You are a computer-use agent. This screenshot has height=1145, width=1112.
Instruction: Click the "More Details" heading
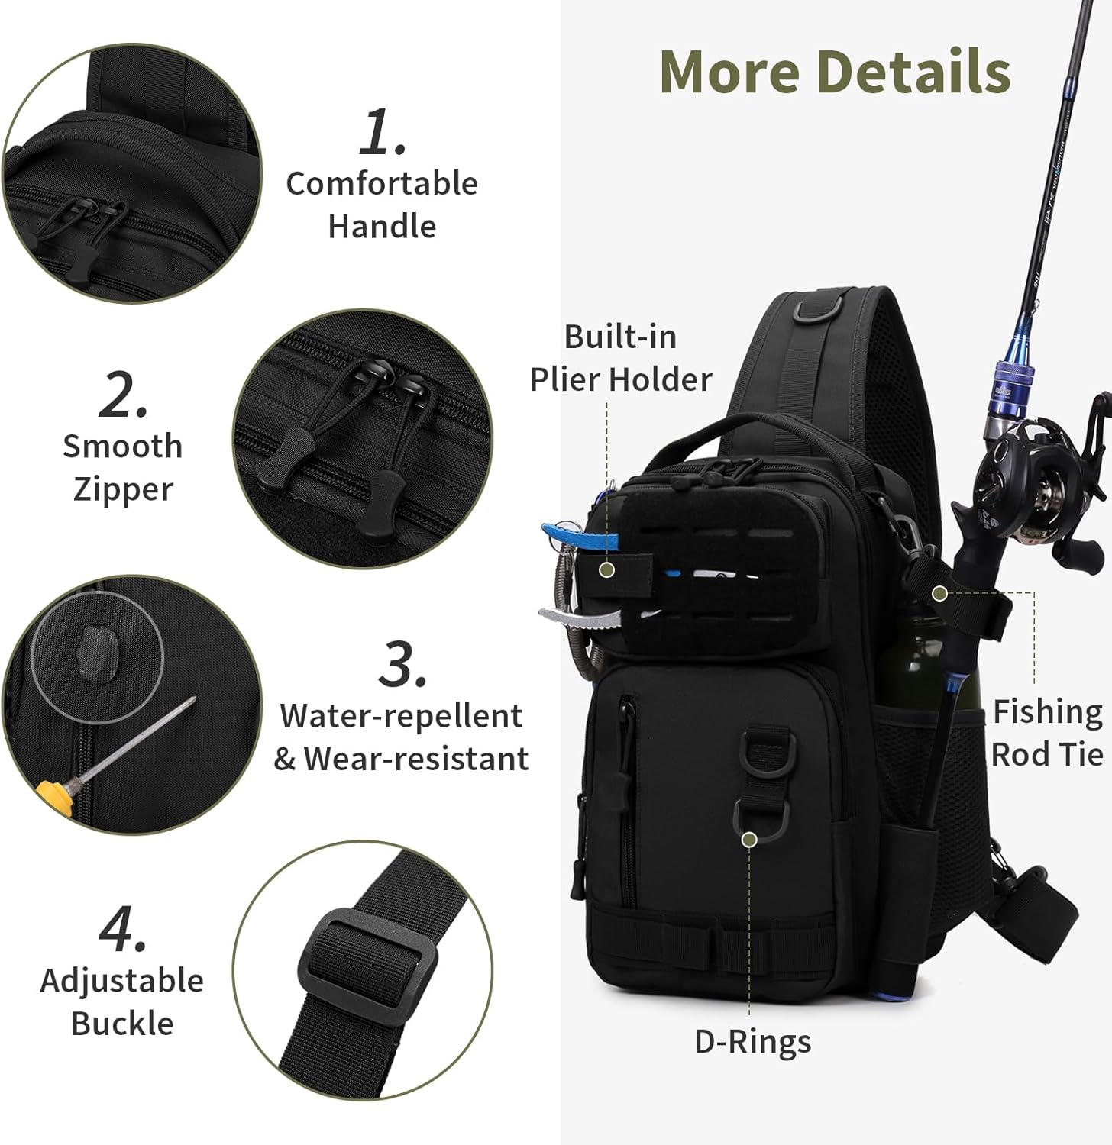coord(835,71)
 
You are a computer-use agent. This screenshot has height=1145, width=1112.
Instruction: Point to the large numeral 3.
coord(402,663)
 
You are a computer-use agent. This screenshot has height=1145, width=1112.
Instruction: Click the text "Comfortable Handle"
coord(382,205)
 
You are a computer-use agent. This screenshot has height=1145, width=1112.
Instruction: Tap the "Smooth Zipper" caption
coord(123,468)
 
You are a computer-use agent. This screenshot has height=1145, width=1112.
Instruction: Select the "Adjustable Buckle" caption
coord(122,1001)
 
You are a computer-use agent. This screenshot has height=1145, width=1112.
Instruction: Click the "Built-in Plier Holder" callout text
coord(621,357)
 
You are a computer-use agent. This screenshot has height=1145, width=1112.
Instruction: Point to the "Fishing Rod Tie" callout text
coord(1047,733)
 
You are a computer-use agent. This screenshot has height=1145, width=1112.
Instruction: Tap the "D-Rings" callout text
coord(753,1042)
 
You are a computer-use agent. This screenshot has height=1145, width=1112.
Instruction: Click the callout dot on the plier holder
coord(608,569)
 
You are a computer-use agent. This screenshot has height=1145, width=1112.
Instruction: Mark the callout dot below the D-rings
coord(749,840)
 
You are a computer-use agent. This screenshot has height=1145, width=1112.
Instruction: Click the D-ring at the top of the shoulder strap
coord(817,310)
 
